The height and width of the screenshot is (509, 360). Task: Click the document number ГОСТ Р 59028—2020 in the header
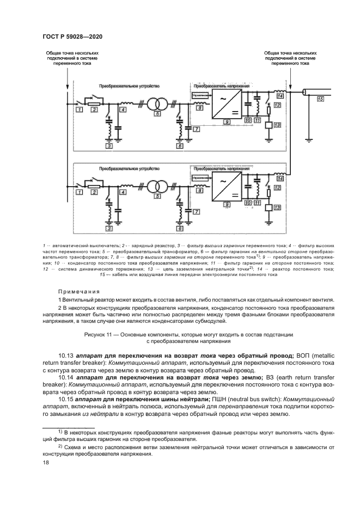point(72,36)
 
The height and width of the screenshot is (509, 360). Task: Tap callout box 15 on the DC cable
point(320,99)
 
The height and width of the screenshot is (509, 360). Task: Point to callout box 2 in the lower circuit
point(94,192)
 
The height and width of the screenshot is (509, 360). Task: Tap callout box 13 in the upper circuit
point(277,125)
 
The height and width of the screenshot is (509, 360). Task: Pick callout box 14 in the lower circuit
point(280,178)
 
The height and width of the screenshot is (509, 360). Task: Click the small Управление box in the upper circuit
point(200,95)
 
